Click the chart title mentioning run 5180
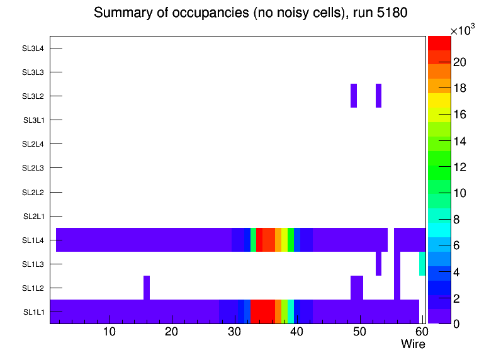[251, 13]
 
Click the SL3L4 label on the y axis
[33, 48]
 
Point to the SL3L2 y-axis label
[33, 96]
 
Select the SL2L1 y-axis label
[33, 217]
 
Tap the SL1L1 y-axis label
[33, 312]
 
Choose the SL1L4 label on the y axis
[33, 240]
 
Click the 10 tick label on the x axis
[109, 332]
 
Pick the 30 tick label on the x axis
[234, 332]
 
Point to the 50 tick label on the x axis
[359, 332]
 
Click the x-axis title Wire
[413, 344]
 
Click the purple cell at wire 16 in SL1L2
[147, 288]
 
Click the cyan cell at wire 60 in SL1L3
[422, 264]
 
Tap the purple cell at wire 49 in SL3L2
[354, 96]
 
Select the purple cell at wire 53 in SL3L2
[379, 96]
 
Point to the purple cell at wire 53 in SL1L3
[379, 264]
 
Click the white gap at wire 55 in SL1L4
[391, 240]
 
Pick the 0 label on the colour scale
[455, 323]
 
